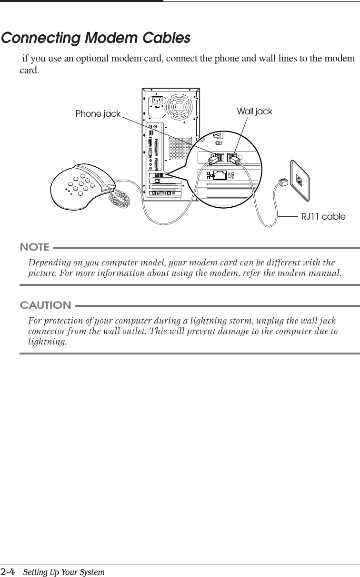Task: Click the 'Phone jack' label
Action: point(98,114)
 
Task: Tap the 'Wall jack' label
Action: point(254,111)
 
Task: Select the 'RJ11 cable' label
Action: point(323,217)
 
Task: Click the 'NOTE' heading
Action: point(34,247)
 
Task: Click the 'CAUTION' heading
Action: point(45,305)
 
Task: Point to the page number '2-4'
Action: point(9,571)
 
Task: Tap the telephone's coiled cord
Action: point(119,198)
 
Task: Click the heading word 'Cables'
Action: point(164,38)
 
